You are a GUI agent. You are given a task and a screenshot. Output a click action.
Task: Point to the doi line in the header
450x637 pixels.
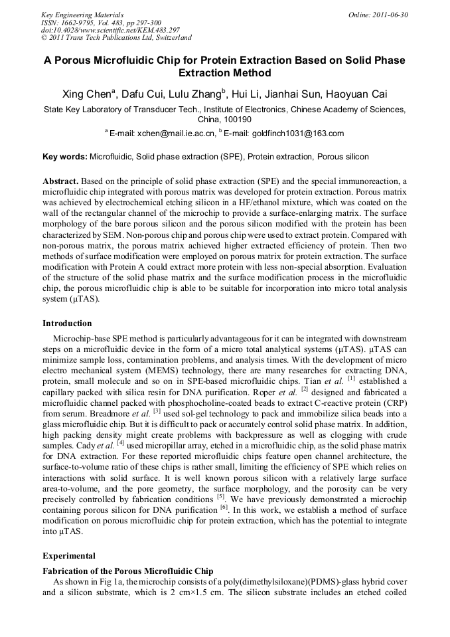[110, 31]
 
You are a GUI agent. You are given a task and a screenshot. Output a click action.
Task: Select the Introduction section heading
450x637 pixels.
[67, 323]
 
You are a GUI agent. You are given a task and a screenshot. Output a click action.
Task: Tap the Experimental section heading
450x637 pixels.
[69, 556]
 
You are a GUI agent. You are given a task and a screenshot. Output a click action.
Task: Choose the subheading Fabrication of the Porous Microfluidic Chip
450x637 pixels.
[128, 571]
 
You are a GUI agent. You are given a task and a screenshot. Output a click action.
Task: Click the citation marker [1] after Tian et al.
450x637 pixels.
[351, 379]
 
